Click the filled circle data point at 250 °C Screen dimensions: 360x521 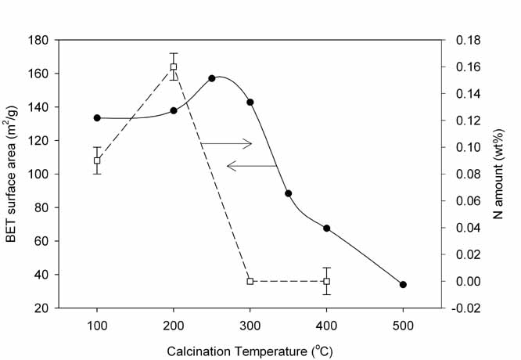tap(212, 78)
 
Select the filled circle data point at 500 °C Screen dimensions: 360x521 tap(403, 285)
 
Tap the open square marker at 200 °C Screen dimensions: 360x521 tap(174, 67)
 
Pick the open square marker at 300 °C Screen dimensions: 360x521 tap(250, 281)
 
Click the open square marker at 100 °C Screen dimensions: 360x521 tap(97, 160)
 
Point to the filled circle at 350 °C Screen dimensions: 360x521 tap(289, 193)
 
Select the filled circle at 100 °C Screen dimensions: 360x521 tap(97, 117)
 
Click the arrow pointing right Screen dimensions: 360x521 tap(227, 143)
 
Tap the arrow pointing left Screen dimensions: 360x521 tap(250, 165)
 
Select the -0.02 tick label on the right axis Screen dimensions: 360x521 tap(467, 308)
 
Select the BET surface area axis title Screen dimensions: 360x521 tap(13, 174)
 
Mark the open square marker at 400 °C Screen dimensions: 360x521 tap(326, 281)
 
